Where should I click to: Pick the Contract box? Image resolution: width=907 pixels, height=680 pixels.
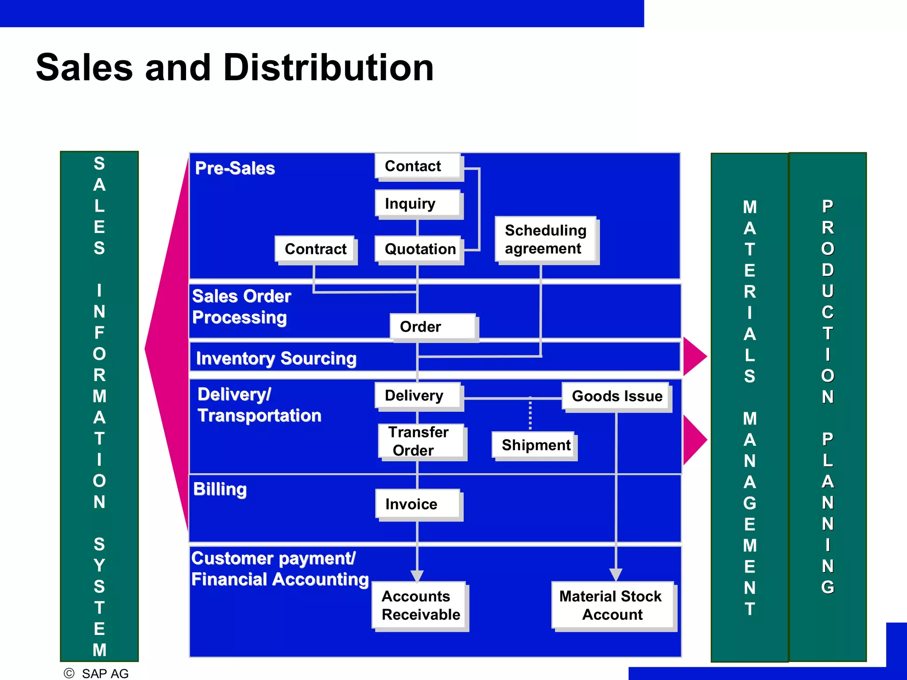(x=315, y=249)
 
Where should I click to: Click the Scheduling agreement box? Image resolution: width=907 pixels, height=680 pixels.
(x=546, y=240)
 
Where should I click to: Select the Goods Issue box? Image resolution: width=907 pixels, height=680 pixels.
(x=616, y=396)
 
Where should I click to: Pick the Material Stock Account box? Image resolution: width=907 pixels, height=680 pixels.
(x=612, y=605)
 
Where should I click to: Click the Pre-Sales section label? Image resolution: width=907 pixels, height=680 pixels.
(x=235, y=168)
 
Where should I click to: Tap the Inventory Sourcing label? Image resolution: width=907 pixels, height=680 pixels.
(x=276, y=358)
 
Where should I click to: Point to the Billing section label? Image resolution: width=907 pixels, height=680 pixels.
(x=220, y=489)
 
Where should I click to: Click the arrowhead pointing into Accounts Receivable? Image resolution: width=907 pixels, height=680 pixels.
(x=417, y=575)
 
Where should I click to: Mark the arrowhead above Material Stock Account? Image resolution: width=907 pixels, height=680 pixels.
(x=616, y=574)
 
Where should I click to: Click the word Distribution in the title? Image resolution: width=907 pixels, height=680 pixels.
(x=329, y=68)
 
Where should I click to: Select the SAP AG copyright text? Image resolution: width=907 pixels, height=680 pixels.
(x=105, y=673)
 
